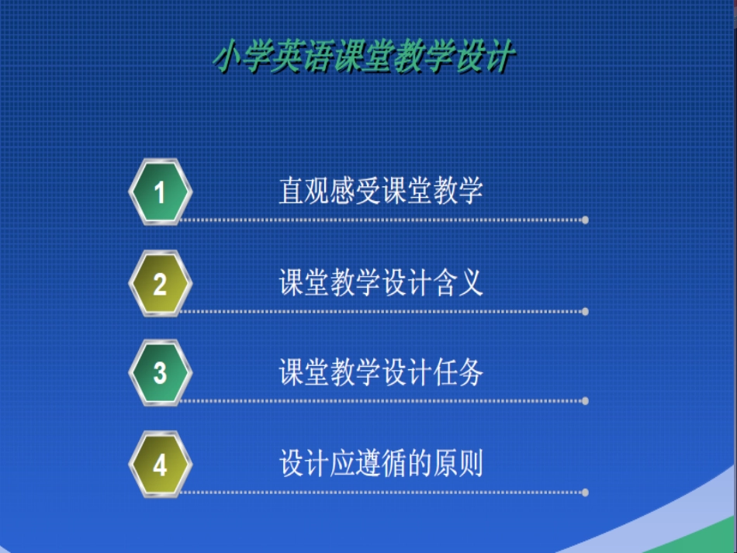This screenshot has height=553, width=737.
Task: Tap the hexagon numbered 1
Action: [x=160, y=192]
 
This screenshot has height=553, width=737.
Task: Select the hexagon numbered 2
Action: [x=160, y=283]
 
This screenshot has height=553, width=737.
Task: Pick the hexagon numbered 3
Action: [x=160, y=373]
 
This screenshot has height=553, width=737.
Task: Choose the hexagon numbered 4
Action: [x=160, y=465]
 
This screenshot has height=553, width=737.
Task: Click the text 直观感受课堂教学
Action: [x=381, y=190]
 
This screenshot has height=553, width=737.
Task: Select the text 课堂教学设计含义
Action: [x=381, y=282]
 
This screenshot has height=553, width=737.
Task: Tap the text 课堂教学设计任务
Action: [x=381, y=373]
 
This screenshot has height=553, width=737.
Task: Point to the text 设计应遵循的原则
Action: [x=381, y=464]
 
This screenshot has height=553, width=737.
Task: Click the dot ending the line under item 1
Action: [x=585, y=220]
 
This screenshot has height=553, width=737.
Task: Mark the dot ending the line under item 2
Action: [x=585, y=311]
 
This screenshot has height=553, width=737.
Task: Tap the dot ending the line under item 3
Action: [x=585, y=401]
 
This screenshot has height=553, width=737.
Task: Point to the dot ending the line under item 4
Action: [x=585, y=492]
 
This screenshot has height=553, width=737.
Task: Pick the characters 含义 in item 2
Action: [x=458, y=282]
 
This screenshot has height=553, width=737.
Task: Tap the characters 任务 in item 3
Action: [x=458, y=373]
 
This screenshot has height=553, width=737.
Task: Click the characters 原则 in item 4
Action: [x=458, y=464]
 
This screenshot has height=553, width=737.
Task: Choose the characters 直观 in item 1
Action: [x=304, y=190]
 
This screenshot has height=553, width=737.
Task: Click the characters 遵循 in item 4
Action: [x=381, y=464]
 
